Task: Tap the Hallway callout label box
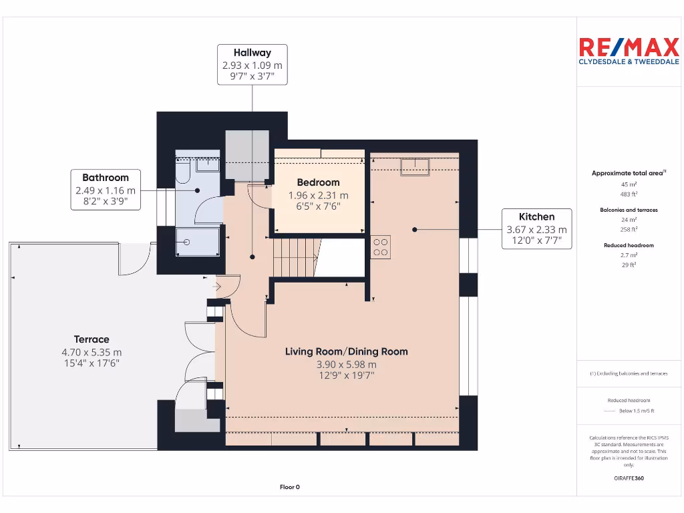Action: (x=252, y=65)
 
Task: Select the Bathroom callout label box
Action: (x=106, y=190)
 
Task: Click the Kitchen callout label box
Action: (x=536, y=228)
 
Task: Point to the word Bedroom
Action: (x=318, y=182)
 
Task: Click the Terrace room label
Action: (x=92, y=339)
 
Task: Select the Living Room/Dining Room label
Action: (x=346, y=351)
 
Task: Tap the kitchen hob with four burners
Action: (x=381, y=248)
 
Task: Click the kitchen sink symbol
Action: (x=414, y=166)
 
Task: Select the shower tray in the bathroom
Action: (x=197, y=241)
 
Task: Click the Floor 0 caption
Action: (x=289, y=487)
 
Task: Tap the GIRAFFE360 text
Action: (x=628, y=478)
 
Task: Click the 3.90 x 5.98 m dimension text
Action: (x=346, y=365)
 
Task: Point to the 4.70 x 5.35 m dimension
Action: (x=92, y=352)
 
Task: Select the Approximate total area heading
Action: (x=628, y=173)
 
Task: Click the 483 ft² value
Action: (x=628, y=194)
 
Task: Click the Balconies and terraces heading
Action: (x=628, y=210)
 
